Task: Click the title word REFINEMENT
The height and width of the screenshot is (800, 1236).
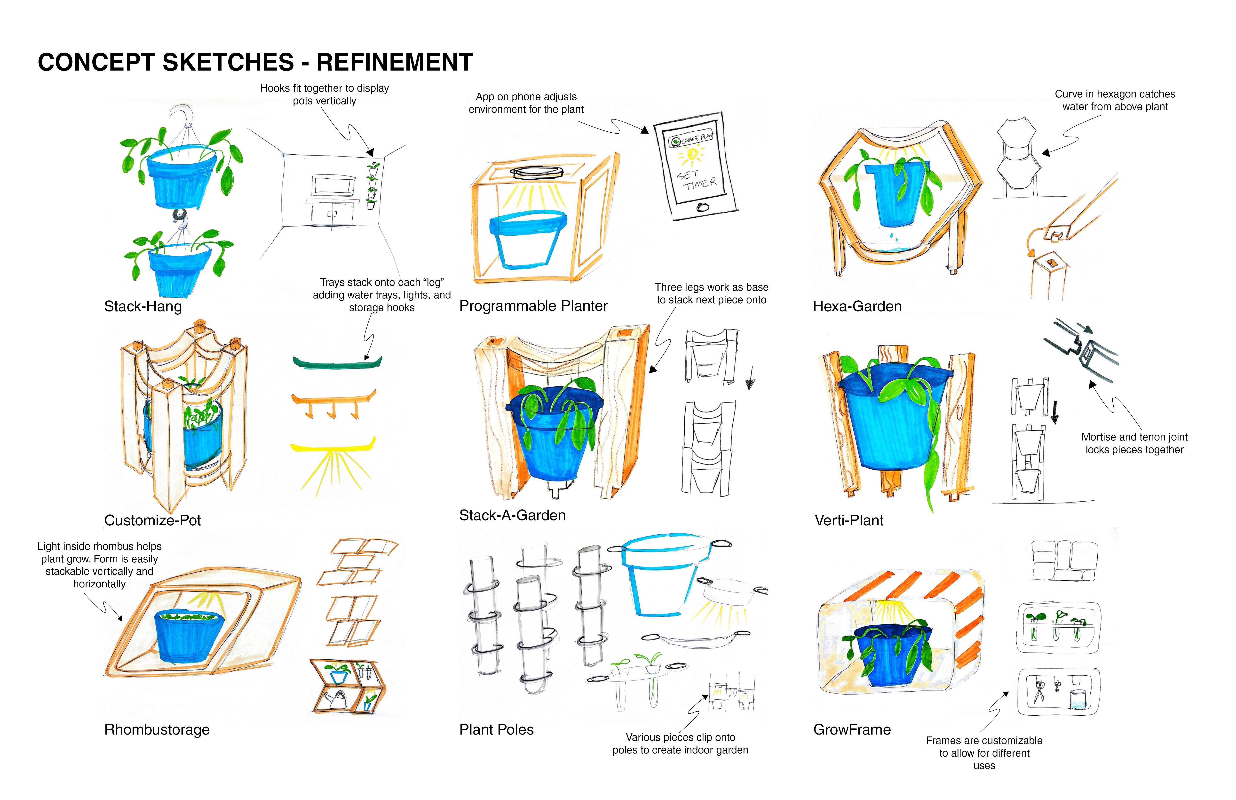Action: click(x=395, y=62)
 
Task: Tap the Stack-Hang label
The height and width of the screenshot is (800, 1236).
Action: click(x=143, y=306)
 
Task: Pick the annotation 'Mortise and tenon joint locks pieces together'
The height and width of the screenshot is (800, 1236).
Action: click(x=1134, y=443)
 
